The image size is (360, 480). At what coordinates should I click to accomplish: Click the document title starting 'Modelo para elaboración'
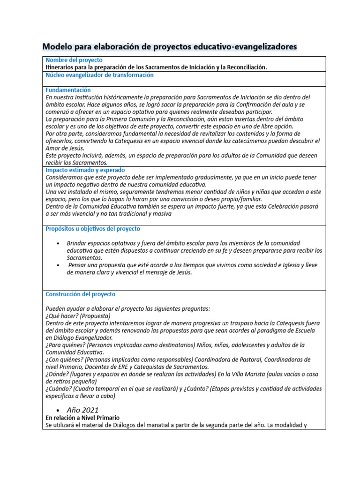(x=169, y=47)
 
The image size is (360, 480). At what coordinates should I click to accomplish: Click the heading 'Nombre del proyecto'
(x=74, y=60)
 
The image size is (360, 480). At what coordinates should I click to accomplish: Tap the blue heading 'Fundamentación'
(x=68, y=90)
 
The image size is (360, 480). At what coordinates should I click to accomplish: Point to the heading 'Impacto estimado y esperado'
(x=85, y=170)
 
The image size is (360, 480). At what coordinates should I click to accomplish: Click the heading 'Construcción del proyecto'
(x=80, y=294)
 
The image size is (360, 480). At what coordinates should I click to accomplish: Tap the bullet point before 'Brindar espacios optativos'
(x=57, y=243)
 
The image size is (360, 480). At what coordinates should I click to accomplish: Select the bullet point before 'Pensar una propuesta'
(x=57, y=265)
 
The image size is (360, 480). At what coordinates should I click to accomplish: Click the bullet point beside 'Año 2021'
(x=57, y=410)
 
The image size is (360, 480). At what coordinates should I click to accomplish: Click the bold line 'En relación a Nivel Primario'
(x=82, y=418)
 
